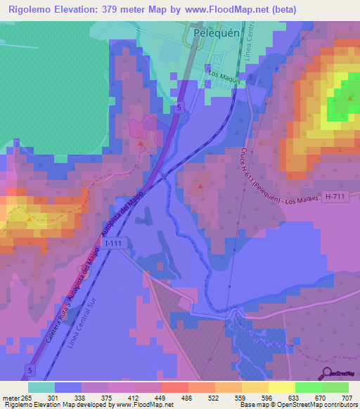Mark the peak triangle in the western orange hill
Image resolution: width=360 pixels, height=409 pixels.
pyautogui.click(x=29, y=218)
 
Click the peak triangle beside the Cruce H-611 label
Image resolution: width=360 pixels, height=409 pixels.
pyautogui.click(x=201, y=186)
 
